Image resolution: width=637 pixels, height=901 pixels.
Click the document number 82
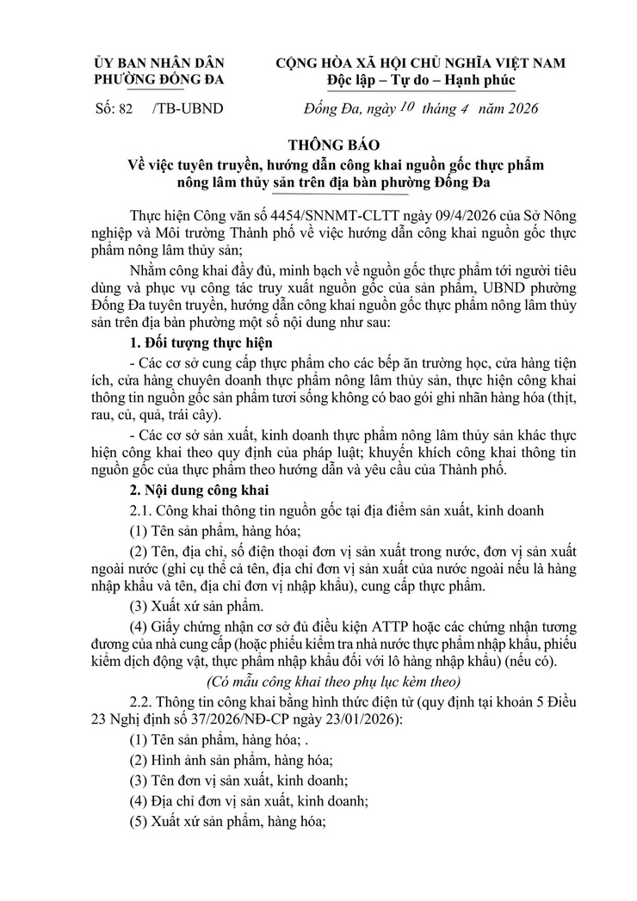tap(124, 108)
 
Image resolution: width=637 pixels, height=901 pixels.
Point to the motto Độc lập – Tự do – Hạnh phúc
tap(421, 81)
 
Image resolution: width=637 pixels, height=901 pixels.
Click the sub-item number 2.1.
tap(140, 511)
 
